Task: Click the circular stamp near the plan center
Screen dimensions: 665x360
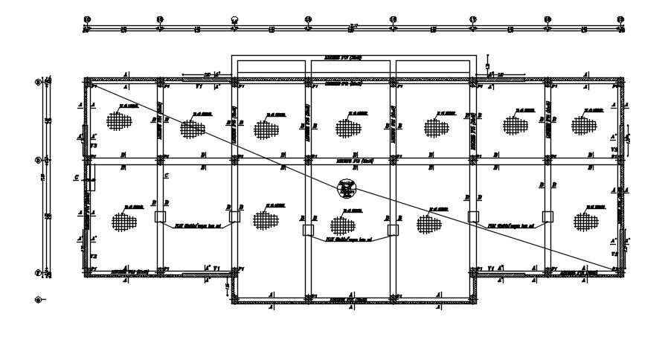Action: click(347, 189)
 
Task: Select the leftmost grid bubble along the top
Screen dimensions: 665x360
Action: click(86, 19)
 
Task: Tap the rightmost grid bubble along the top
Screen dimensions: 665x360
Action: click(619, 19)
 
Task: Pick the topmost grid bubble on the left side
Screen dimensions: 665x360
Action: click(39, 82)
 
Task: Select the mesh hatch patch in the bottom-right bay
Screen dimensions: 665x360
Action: click(585, 221)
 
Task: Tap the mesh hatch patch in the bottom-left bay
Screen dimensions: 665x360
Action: click(123, 221)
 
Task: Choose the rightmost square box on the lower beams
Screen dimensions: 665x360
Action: click(548, 216)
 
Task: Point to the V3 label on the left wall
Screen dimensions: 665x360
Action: click(94, 147)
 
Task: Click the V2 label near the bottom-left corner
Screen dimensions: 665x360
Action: click(94, 256)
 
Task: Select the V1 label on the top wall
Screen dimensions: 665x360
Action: click(199, 86)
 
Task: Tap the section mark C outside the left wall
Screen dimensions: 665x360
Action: click(77, 177)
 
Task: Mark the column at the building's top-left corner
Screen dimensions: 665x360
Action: click(86, 80)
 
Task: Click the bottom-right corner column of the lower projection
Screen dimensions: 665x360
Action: click(473, 301)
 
